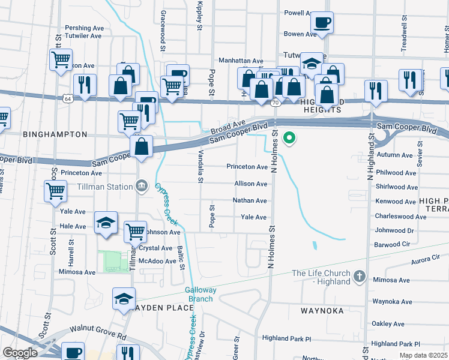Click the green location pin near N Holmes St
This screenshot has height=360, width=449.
point(289,139)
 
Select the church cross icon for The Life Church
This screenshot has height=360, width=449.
point(359,276)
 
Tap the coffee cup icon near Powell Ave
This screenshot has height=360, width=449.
point(322,23)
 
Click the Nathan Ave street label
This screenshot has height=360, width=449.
point(250,200)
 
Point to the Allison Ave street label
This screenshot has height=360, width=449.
point(251,184)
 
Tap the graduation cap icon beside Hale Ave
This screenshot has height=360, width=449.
point(105,223)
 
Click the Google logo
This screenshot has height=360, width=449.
point(19,353)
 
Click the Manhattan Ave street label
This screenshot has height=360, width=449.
point(241,61)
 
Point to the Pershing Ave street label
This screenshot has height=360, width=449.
point(85,28)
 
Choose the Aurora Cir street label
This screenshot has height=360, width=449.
point(429,260)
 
